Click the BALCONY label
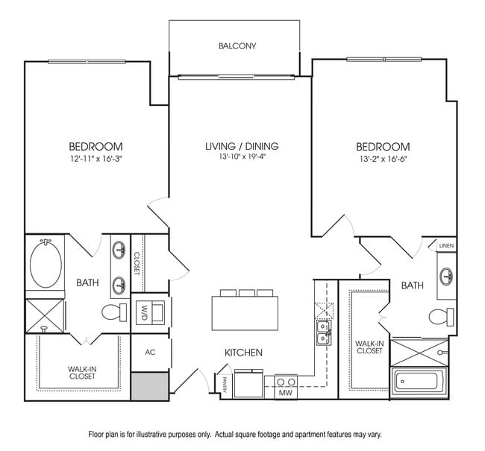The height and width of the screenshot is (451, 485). (237, 46)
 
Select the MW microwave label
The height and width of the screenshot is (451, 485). (285, 392)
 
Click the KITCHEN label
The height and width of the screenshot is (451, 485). (243, 352)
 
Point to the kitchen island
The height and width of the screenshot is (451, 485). (243, 312)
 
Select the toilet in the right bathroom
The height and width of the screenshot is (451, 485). (441, 316)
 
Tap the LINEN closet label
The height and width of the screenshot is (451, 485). (446, 245)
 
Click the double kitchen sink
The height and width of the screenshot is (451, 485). (322, 332)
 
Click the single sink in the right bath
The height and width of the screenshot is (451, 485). (446, 276)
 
